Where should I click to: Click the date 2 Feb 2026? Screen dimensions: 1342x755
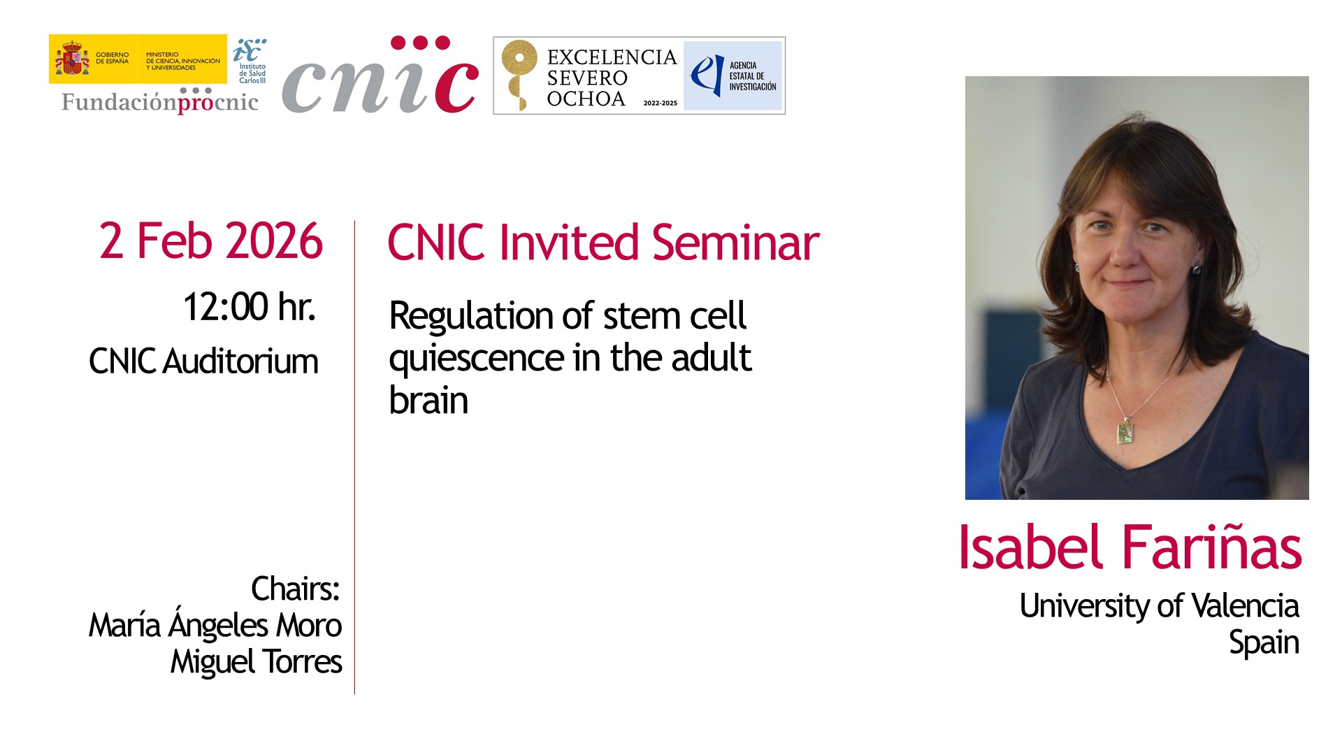tap(210, 241)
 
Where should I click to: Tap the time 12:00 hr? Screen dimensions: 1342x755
tap(249, 307)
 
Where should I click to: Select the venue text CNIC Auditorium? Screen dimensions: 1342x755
tap(203, 361)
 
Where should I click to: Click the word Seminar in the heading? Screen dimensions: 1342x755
tap(735, 243)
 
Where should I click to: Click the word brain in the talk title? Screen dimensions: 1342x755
tap(428, 401)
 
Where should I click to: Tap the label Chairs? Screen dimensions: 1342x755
tap(295, 589)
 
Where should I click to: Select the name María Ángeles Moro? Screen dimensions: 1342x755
tap(215, 624)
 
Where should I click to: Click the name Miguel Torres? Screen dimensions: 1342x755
tap(257, 661)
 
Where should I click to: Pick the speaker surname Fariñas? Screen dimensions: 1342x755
tap(1211, 547)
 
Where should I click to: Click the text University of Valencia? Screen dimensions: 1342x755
tap(1159, 605)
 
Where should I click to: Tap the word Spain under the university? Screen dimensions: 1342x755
tap(1264, 643)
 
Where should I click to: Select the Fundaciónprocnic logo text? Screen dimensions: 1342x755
tap(160, 102)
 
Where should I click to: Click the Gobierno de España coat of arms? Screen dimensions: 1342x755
tap(72, 59)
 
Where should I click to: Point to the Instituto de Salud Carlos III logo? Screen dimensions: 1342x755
tap(250, 61)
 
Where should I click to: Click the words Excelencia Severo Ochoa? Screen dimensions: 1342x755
tap(612, 78)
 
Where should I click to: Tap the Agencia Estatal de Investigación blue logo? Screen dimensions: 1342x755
tap(733, 75)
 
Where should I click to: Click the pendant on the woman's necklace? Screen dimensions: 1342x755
tap(1125, 431)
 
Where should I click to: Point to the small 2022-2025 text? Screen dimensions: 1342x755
tap(660, 103)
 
